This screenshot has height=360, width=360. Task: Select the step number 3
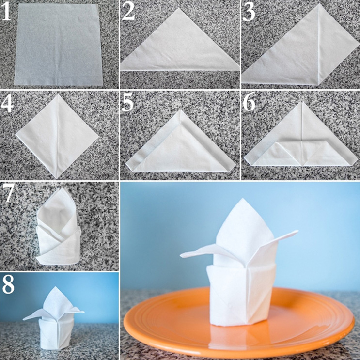[249, 12]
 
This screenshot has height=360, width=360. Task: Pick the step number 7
[8, 193]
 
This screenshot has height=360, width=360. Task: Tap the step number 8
[8, 284]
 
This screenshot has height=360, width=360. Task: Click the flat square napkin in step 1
[58, 45]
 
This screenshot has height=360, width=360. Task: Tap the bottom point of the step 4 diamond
[57, 178]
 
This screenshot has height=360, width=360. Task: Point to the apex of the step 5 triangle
[181, 110]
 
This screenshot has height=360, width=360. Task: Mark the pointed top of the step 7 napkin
[63, 188]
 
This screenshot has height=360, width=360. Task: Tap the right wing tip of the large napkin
[297, 231]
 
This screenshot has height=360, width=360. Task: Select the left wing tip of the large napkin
[181, 255]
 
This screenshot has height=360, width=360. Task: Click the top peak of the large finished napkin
[243, 199]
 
